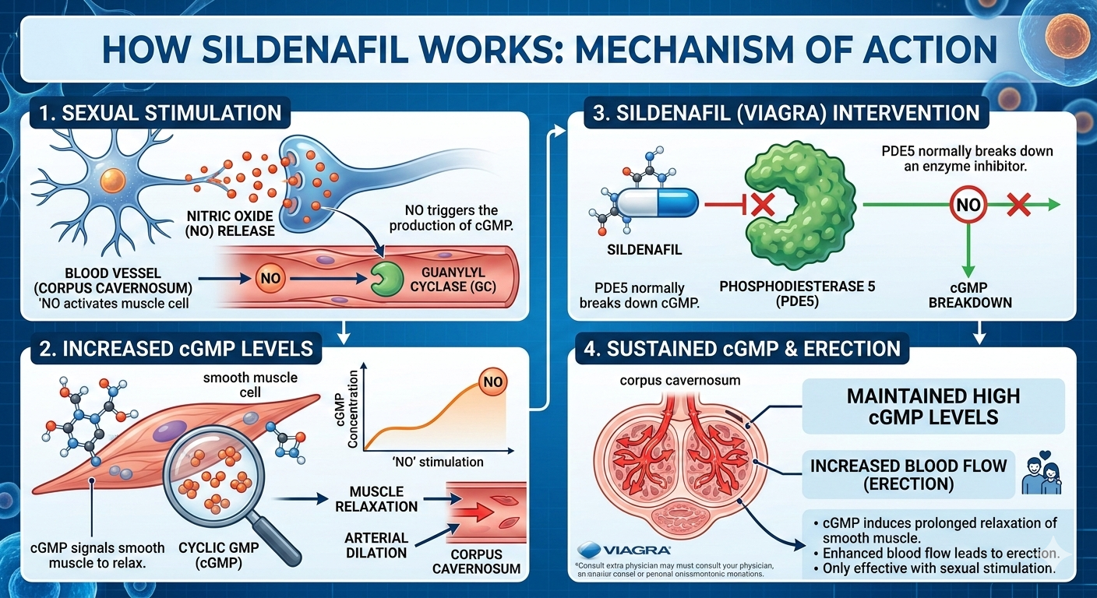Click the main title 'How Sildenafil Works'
click(x=548, y=48)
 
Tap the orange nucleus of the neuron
click(x=115, y=181)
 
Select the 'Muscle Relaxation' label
click(x=376, y=499)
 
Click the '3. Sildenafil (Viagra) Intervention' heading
click(x=785, y=112)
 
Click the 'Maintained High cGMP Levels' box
click(x=933, y=406)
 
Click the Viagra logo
click(x=619, y=549)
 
